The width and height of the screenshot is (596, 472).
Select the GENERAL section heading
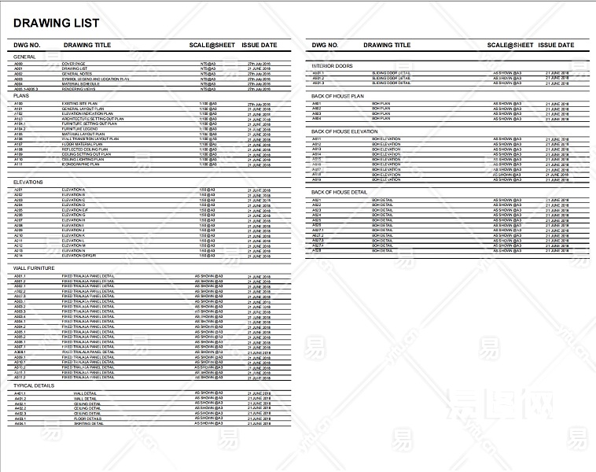[24, 57]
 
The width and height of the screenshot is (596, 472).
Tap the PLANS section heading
[22, 96]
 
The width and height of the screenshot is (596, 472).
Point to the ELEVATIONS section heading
[28, 183]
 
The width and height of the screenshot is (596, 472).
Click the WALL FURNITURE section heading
[35, 269]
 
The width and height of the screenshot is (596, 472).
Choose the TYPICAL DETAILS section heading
[35, 385]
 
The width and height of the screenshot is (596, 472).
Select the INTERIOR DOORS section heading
[332, 65]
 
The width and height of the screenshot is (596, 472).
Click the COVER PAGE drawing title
[73, 64]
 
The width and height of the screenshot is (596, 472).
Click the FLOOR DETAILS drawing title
[86, 419]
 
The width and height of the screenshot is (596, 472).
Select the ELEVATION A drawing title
[74, 190]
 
